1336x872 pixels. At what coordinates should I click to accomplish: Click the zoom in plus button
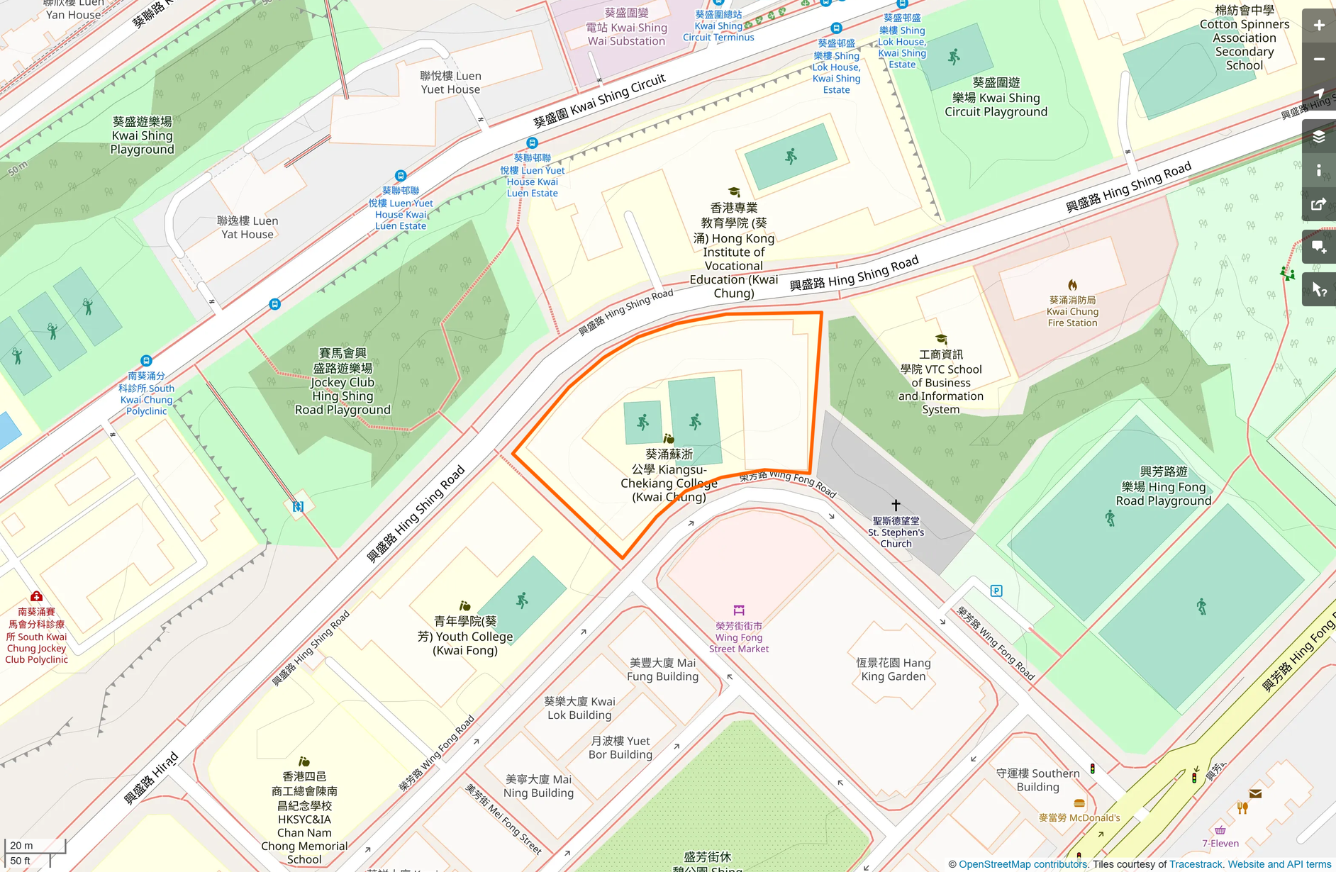1319,26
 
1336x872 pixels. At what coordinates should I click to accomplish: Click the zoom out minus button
1319,60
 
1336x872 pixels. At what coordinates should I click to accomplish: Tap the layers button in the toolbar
1319,137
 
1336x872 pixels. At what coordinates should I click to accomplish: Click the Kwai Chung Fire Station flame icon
1072,285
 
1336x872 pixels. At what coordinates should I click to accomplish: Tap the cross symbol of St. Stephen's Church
896,505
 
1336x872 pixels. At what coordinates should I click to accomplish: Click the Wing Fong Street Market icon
739,610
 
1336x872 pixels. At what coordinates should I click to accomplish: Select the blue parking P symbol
996,591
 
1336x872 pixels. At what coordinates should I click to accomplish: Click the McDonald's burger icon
1079,803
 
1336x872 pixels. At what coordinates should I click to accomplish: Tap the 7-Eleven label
1220,843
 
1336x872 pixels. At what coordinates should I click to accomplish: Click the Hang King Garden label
893,669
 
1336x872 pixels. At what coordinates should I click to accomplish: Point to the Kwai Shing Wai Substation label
626,28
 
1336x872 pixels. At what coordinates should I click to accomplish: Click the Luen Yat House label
247,228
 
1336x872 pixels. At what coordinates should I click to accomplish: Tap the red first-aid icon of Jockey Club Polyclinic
36,596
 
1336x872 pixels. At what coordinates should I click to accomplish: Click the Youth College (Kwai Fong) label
465,636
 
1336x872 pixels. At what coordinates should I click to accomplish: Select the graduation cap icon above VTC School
941,339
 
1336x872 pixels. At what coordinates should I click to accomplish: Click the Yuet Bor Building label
620,747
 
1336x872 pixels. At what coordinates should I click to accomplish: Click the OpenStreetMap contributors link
1023,864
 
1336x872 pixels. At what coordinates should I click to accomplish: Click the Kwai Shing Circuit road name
599,101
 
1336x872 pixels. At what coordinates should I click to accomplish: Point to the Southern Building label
1037,780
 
